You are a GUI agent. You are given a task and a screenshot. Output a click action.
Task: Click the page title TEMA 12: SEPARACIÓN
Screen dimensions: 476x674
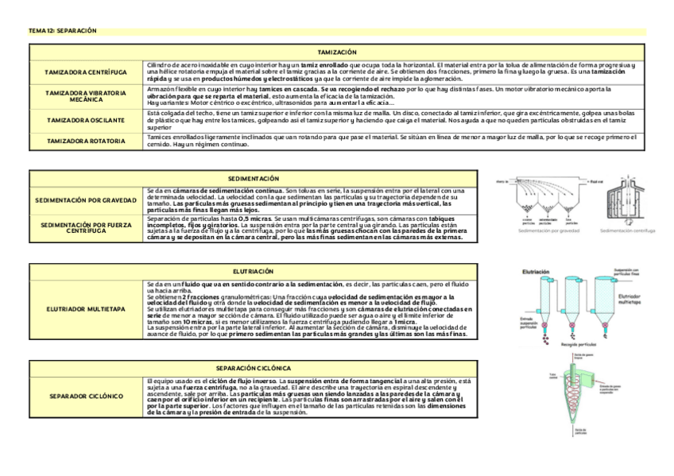[x=62, y=31]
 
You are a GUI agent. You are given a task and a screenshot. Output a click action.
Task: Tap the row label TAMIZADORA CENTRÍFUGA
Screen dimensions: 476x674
[x=85, y=72]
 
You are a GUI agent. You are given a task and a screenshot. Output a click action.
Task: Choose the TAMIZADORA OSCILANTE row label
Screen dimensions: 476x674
[x=85, y=120]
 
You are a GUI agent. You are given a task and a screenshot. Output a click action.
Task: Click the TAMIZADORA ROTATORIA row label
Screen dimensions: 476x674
[x=85, y=141]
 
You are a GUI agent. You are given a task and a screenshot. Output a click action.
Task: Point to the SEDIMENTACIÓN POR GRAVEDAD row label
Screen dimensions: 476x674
[x=86, y=199]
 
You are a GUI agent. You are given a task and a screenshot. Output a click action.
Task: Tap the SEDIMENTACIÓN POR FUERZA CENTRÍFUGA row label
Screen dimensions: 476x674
[x=86, y=228]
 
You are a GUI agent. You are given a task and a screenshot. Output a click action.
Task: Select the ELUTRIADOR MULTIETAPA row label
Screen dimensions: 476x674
[x=86, y=309]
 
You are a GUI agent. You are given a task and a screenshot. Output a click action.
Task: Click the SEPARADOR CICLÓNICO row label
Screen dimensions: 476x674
[x=86, y=395]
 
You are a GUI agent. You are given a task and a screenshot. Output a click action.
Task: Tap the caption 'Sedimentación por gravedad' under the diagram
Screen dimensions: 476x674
[x=548, y=231]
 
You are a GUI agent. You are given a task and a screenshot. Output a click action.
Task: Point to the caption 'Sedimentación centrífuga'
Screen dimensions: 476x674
[x=628, y=231]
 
